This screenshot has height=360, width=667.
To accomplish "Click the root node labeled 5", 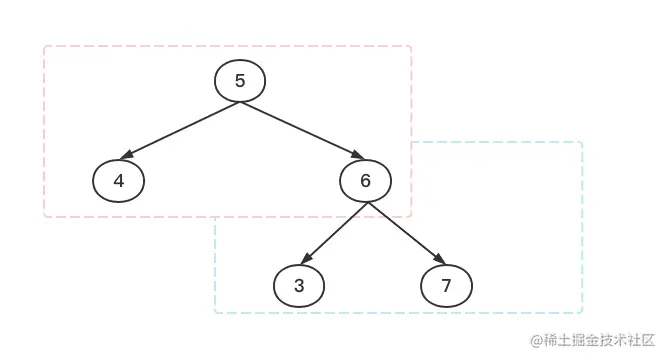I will point(240,81).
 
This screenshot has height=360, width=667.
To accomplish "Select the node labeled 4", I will point(119,181).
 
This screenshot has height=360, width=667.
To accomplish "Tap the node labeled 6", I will point(365,181).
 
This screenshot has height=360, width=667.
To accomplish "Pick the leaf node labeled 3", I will point(299,286).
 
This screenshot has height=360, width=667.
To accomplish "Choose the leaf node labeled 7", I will point(446,286).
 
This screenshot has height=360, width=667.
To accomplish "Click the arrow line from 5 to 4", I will point(180,131).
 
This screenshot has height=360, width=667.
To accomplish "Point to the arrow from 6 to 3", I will point(335,233).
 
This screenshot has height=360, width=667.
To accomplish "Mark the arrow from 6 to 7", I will point(404,233).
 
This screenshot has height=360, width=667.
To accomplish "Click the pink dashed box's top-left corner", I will point(45,46).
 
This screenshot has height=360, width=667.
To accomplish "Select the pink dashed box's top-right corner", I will point(411,46).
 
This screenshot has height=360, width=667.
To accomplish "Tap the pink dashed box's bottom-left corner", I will point(45,216).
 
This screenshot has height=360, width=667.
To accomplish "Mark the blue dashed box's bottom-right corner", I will point(582,313).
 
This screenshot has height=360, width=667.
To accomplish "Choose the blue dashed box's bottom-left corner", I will point(215,313).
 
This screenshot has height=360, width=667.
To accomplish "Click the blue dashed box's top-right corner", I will point(582,142).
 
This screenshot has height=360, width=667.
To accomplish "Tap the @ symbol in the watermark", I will point(536,341).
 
